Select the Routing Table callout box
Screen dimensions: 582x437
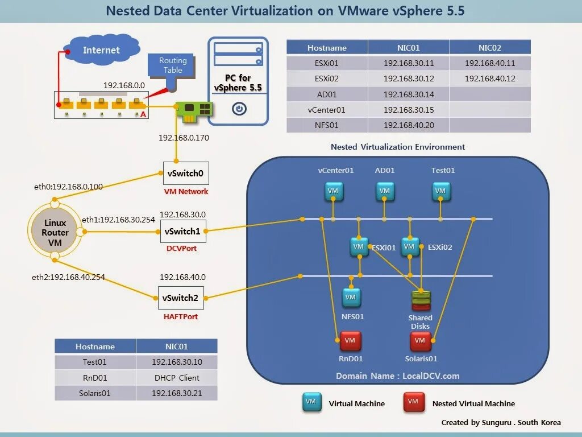point(172,65)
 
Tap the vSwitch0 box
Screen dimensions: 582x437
point(185,173)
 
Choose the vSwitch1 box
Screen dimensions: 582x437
point(182,231)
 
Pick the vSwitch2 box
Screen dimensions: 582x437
point(180,298)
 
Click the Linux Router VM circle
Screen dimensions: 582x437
point(55,232)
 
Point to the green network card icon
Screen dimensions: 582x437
point(192,110)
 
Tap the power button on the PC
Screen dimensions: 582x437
point(239,108)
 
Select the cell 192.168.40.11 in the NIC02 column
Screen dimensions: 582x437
point(489,63)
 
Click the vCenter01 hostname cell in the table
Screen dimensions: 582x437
point(327,109)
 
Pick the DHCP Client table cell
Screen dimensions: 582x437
point(176,377)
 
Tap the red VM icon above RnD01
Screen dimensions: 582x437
point(350,341)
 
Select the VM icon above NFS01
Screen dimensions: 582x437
point(351,297)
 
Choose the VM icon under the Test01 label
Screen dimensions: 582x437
point(440,191)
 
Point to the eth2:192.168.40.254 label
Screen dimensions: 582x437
point(68,277)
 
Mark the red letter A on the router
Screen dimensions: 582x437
point(143,114)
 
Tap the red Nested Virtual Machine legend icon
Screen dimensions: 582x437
point(413,402)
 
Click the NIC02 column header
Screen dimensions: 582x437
point(489,48)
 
